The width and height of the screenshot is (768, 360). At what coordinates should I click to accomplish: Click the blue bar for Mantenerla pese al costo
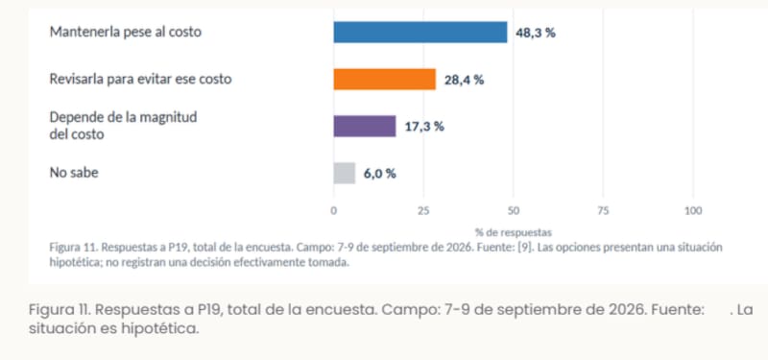point(420,33)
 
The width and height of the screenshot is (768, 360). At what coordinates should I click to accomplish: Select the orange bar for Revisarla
point(385,80)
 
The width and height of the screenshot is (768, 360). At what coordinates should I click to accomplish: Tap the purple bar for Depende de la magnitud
point(365,126)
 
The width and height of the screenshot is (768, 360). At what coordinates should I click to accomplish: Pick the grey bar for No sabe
point(345,173)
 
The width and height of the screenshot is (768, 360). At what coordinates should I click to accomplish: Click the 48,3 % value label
point(536,34)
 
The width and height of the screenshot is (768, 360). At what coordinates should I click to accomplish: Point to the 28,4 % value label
point(464,80)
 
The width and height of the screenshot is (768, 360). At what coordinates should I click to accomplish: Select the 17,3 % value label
point(424,127)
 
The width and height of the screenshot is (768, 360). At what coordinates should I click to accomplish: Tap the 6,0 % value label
point(379,174)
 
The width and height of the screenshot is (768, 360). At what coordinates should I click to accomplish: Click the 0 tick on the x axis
point(333,211)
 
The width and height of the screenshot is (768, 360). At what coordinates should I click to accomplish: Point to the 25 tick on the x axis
point(423,211)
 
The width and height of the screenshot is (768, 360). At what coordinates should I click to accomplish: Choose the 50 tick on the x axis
point(514,211)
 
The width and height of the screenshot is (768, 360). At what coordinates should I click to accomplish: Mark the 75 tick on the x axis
point(604,211)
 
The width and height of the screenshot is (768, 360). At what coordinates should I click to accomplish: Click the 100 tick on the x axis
point(693,211)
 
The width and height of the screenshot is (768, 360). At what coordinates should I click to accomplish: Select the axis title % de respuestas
point(514,232)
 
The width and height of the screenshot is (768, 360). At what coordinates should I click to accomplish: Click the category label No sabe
point(74,173)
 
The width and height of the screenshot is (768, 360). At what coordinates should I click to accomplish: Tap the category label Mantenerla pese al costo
point(126,33)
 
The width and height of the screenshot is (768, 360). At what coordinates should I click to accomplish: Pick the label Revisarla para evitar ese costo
point(140,80)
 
